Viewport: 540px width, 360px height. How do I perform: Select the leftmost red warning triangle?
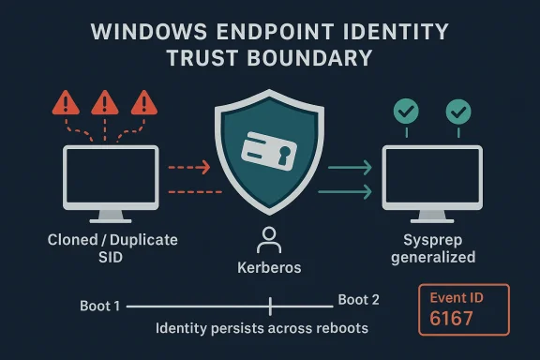(68, 102)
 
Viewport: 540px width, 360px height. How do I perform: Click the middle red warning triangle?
(106, 102)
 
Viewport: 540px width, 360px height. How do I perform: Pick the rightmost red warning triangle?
(142, 102)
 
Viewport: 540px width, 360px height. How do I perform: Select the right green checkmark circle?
(457, 112)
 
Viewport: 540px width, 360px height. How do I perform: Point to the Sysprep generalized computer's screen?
(432, 176)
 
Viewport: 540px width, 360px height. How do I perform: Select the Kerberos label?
(269, 268)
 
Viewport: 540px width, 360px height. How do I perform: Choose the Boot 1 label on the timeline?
(99, 306)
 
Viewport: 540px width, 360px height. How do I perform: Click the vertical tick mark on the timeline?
(270, 306)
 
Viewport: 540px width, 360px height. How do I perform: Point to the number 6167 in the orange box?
(453, 318)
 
